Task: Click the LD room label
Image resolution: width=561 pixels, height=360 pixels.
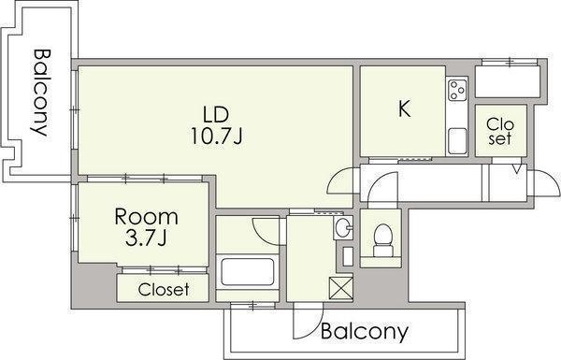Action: coord(215,114)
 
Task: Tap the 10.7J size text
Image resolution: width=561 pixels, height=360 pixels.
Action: coord(217,136)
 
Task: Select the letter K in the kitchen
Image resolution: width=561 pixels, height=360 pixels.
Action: coord(404,108)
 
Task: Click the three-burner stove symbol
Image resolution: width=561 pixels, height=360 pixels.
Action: coord(457,90)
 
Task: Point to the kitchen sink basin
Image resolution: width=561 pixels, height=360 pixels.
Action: coord(457,141)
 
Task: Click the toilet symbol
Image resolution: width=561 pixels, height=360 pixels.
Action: coord(382,240)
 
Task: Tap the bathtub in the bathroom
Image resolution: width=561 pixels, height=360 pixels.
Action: coord(248,272)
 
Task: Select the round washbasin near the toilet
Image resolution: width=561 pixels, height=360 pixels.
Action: coord(343,227)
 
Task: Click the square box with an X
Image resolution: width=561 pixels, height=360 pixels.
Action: coord(341,287)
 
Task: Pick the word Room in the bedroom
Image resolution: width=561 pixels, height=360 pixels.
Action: coord(146,217)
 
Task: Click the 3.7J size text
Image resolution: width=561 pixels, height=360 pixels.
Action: coord(146,238)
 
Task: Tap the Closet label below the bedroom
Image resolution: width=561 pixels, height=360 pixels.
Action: coord(163,290)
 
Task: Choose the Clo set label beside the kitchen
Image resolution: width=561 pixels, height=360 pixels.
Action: coord(500,131)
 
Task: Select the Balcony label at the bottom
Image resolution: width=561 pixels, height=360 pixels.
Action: coord(365,331)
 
